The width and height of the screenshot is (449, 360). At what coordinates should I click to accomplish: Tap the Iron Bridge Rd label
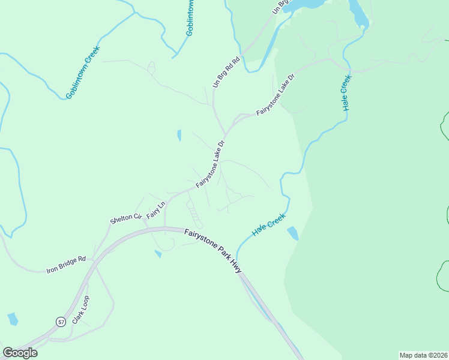pyautogui.click(x=67, y=265)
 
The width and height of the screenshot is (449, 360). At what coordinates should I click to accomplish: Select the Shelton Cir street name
pyautogui.click(x=125, y=219)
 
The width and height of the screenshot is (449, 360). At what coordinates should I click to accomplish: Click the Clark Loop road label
pyautogui.click(x=80, y=310)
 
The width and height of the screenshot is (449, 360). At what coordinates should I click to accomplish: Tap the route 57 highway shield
pyautogui.click(x=61, y=322)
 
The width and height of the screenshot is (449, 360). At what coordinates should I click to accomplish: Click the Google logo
pyautogui.click(x=20, y=353)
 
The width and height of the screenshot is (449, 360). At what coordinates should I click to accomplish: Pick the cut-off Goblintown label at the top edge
pyautogui.click(x=190, y=18)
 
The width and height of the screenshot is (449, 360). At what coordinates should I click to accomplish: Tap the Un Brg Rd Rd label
pyautogui.click(x=226, y=72)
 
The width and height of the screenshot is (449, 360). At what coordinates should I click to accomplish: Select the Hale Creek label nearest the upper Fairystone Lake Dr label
pyautogui.click(x=345, y=93)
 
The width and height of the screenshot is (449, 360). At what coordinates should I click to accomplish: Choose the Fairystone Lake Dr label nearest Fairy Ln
pyautogui.click(x=209, y=164)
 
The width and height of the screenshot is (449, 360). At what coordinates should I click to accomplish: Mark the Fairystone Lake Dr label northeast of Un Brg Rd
pyautogui.click(x=276, y=95)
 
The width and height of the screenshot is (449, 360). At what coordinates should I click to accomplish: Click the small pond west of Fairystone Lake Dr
pyautogui.click(x=179, y=136)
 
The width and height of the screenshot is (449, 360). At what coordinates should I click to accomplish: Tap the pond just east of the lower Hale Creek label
pyautogui.click(x=292, y=233)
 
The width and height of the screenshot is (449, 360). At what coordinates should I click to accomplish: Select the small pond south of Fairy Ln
pyautogui.click(x=158, y=254)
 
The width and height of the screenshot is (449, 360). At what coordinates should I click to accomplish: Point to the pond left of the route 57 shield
pyautogui.click(x=13, y=319)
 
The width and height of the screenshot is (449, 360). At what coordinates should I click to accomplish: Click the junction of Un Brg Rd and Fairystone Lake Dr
pyautogui.click(x=224, y=135)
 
